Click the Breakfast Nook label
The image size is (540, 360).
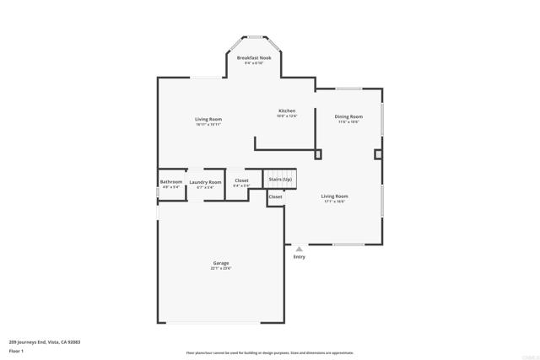point(253,58)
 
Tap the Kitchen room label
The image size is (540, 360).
point(288,111)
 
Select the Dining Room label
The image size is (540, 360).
point(348,116)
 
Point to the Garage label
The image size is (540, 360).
point(220,263)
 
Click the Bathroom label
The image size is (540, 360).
point(171,181)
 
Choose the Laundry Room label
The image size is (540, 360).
point(205,182)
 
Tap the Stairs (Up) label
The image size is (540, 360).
point(281,180)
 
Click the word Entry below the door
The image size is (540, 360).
point(299,257)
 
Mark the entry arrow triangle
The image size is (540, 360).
point(299,249)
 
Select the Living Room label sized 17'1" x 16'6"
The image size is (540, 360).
point(334,196)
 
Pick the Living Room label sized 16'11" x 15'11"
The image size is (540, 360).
point(208,120)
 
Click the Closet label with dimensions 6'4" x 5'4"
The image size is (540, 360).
point(241,180)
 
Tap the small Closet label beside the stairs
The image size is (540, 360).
point(276,196)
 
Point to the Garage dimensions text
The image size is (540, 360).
point(220,269)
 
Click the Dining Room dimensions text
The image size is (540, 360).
point(348,122)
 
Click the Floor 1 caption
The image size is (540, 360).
point(16,350)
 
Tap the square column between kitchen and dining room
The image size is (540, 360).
point(318,154)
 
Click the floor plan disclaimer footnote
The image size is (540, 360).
point(269,353)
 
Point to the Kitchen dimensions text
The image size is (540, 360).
point(288,116)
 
